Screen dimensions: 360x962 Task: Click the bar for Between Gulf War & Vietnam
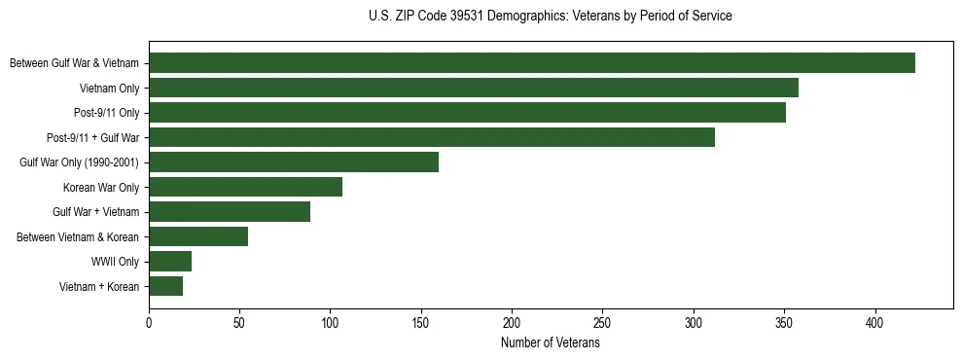point(532,63)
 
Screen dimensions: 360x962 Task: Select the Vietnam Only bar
point(474,89)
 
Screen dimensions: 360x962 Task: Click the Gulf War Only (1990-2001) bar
point(294,162)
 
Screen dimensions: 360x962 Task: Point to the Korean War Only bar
point(245,187)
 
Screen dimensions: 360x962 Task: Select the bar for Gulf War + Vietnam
point(230,212)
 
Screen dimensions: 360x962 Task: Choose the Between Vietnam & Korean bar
point(198,236)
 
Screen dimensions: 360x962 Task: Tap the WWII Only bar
point(170,262)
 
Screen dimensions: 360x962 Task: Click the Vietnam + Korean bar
point(166,286)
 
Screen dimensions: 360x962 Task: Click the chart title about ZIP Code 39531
point(551,17)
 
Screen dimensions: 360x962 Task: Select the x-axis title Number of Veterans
point(551,343)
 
